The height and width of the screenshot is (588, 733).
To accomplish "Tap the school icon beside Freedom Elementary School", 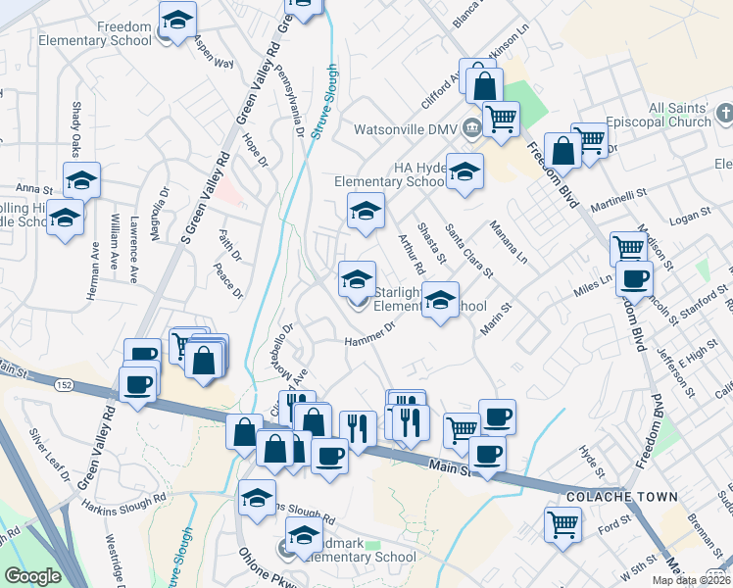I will [177, 21].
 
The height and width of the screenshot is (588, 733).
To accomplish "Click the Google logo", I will [32, 576].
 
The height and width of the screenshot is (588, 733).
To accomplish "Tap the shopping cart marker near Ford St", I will [563, 523].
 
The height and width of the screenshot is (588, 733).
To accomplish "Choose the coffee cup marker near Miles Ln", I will [634, 277].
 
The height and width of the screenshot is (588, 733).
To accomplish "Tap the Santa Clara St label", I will [469, 251].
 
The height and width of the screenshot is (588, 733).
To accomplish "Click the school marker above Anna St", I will [82, 178].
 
